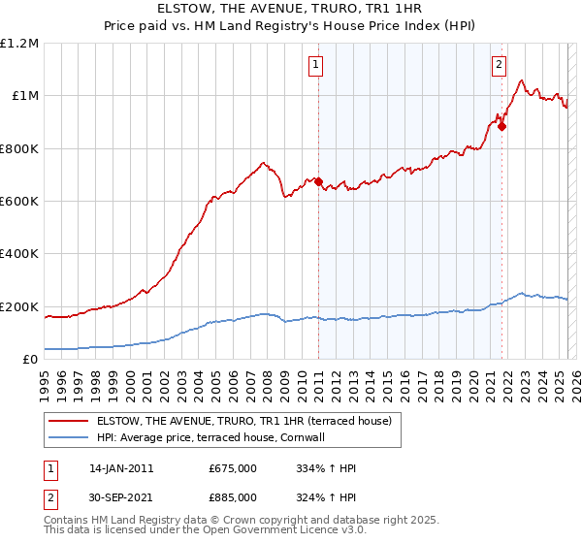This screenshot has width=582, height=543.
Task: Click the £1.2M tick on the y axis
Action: coord(20,44)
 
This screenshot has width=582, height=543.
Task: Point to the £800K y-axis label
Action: coord(19,149)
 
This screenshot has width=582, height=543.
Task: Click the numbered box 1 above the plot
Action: coord(317,65)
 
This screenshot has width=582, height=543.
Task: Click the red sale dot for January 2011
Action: coord(318,181)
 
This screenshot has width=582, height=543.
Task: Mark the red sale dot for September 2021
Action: coord(501,126)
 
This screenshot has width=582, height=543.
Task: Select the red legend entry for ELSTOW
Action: coord(242,421)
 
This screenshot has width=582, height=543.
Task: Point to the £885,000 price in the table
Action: coord(233,496)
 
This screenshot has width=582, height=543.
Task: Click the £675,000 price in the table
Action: coord(233,468)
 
